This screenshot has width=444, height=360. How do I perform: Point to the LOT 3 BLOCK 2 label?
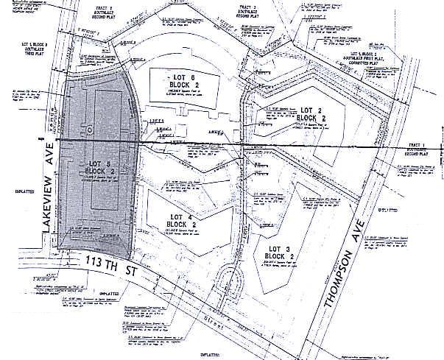pyautogui.click(x=281, y=251)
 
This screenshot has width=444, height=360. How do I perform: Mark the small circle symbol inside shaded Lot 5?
pyautogui.click(x=88, y=130)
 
